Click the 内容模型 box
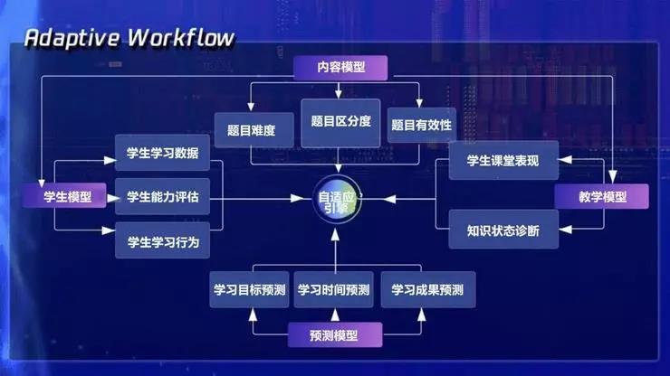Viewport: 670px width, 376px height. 340,68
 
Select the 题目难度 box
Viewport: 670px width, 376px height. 244,130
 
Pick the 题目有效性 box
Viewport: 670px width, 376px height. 421,125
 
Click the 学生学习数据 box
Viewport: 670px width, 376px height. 163,153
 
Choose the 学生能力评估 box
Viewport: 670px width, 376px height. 163,197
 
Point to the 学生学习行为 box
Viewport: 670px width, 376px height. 163,241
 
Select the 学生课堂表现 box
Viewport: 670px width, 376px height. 503,162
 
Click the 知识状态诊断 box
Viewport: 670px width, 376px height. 503,230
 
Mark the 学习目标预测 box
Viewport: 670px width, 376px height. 249,290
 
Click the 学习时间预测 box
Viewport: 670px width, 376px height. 334,290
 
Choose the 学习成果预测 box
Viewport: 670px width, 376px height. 427,290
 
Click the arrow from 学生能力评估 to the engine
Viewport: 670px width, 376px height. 263,197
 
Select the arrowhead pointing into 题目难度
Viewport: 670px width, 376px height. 251,108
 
